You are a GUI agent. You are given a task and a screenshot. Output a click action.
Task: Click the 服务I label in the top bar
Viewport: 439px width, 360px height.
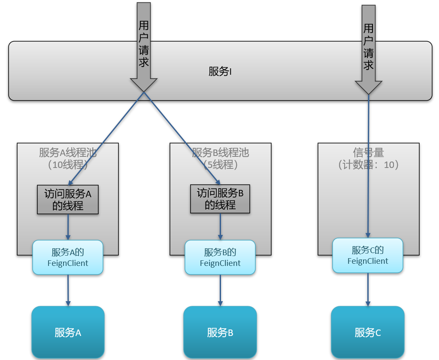point(220,72)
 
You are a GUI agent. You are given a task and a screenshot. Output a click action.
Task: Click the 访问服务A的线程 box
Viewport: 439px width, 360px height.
point(68,200)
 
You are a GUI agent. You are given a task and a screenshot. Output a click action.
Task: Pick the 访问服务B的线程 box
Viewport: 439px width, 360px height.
point(220,199)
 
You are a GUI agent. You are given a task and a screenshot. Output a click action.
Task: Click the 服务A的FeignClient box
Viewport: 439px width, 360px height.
point(68,257)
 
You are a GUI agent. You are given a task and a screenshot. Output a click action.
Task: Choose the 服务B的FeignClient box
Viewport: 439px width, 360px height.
point(220,257)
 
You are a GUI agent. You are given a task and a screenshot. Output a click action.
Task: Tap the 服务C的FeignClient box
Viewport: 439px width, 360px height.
point(368,255)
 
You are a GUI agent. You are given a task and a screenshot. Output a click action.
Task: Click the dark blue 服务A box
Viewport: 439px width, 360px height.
point(68,332)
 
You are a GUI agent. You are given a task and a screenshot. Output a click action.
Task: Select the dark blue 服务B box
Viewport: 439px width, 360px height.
point(220,332)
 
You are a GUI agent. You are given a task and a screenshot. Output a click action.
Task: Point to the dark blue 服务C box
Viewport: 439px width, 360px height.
point(368,332)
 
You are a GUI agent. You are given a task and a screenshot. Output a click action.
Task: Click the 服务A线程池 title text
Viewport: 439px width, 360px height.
point(68,153)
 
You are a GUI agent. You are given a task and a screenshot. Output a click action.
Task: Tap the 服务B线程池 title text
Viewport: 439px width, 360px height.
point(220,153)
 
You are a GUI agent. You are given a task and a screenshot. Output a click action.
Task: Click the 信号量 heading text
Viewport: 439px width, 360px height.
point(368,153)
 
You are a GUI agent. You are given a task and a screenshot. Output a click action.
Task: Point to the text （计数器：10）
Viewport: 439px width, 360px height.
point(368,165)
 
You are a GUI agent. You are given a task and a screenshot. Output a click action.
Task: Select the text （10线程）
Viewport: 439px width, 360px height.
point(68,165)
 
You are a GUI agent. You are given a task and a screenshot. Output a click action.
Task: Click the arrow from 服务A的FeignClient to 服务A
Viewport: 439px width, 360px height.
point(68,290)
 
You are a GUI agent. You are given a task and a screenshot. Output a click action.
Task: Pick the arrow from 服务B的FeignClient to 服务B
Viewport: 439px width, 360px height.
point(220,290)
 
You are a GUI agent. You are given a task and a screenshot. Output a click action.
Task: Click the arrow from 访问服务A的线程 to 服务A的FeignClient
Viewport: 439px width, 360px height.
point(68,227)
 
